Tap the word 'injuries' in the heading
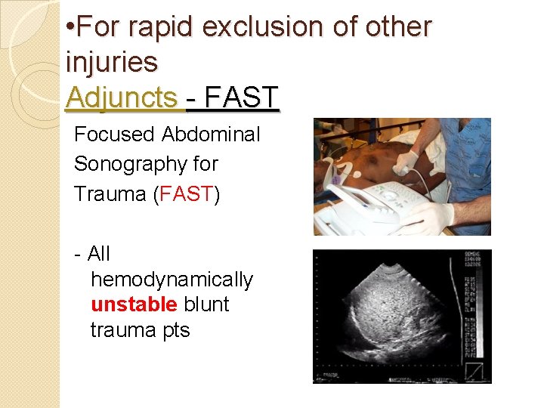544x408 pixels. click(x=112, y=62)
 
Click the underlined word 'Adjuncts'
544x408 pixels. click(x=122, y=97)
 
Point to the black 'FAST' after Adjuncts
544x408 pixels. click(x=241, y=97)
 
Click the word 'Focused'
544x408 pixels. click(x=114, y=134)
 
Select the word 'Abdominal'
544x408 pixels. click(x=210, y=134)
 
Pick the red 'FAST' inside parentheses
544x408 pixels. click(x=186, y=193)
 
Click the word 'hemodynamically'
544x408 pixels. click(x=172, y=280)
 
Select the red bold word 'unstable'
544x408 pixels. click(x=134, y=304)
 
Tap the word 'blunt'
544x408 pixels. click(x=206, y=304)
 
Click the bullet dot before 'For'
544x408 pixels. click(x=70, y=28)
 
